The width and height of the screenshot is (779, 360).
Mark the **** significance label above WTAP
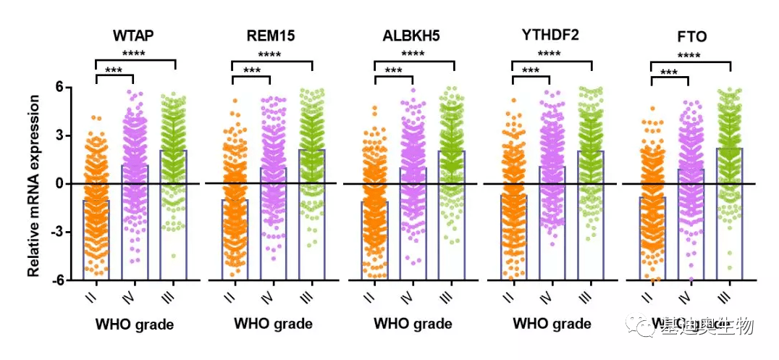pos(135,54)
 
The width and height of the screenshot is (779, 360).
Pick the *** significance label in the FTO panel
pos(669,72)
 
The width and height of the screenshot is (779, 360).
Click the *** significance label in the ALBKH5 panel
pos(393,71)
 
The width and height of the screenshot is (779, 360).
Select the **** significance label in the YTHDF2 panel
pos(550,54)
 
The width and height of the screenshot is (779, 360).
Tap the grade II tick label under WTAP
pos(96,296)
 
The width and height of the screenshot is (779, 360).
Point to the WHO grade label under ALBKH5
pos(413,324)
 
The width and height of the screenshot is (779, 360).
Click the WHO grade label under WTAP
pos(135,324)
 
